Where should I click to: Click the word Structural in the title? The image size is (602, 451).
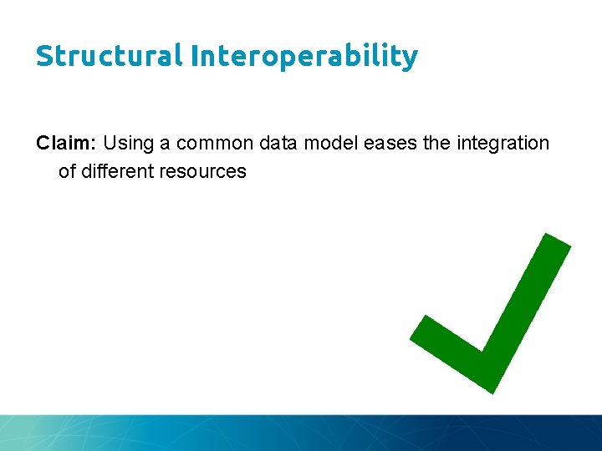click(x=109, y=56)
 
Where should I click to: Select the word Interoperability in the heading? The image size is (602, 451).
click(x=304, y=57)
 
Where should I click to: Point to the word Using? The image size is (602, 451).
click(x=129, y=143)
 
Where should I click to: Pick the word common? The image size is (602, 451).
click(x=214, y=143)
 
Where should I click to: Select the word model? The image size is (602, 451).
click(x=330, y=143)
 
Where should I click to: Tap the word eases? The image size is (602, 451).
click(x=390, y=143)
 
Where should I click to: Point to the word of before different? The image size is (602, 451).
click(x=67, y=171)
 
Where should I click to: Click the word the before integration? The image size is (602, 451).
click(x=436, y=143)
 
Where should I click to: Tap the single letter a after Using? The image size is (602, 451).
click(x=165, y=143)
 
